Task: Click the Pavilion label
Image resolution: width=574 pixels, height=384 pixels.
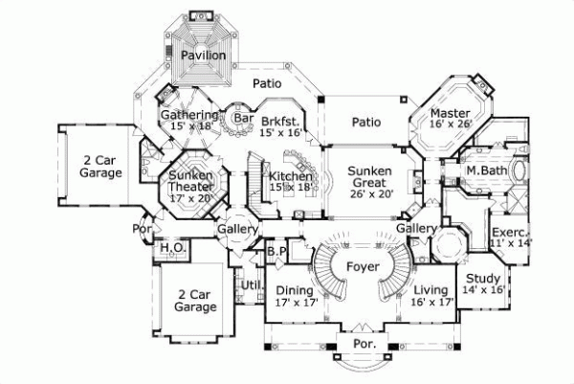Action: [x=203, y=56]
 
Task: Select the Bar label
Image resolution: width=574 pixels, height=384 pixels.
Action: [x=241, y=118]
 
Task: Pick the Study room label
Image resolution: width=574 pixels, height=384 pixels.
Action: [x=483, y=279]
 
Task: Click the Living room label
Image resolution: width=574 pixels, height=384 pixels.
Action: [x=432, y=290]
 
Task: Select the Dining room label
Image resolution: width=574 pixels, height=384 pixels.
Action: [x=296, y=290]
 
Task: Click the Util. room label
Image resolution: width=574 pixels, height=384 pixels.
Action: [x=252, y=284]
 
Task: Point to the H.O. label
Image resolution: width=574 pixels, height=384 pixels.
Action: [x=172, y=247]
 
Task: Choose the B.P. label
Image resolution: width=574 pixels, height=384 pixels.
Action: [x=276, y=251]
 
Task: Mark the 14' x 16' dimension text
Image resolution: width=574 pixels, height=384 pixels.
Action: [x=483, y=290]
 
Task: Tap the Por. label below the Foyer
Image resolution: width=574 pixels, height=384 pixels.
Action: [x=364, y=342]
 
